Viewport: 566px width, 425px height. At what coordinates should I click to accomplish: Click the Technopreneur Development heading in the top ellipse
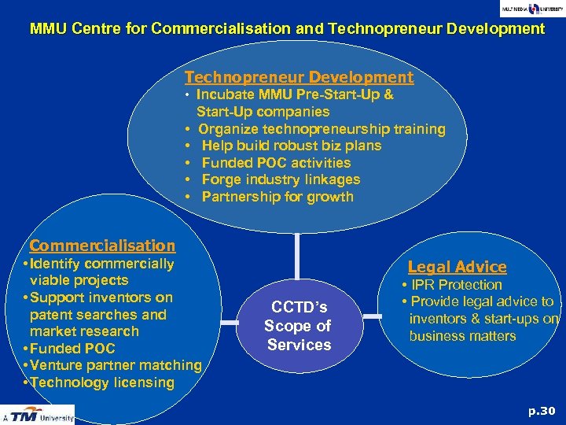click(x=299, y=77)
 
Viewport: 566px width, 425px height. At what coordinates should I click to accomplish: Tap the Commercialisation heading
click(x=102, y=246)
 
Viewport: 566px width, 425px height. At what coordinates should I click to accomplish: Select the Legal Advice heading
click(x=457, y=267)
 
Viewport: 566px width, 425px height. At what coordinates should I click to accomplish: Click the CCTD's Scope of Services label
click(x=299, y=326)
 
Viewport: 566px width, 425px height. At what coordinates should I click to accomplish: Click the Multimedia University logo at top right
click(x=531, y=9)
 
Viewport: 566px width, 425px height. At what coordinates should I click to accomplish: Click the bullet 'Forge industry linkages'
click(x=281, y=179)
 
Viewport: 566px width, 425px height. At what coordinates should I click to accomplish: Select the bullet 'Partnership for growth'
click(x=277, y=197)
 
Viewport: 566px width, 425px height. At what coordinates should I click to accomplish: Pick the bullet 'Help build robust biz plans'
click(x=291, y=146)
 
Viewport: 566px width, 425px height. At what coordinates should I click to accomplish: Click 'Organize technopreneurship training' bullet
click(x=322, y=129)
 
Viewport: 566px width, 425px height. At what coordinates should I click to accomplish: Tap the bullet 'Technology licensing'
click(x=102, y=382)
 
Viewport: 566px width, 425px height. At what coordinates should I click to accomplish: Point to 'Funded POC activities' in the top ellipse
click(x=276, y=163)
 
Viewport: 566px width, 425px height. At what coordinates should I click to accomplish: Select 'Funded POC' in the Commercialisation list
click(x=72, y=349)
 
